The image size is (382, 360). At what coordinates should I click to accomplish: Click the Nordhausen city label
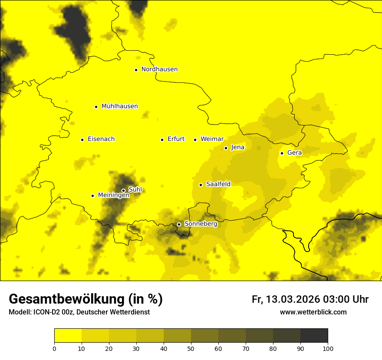159,69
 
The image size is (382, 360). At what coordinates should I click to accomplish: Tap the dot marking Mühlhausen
96,107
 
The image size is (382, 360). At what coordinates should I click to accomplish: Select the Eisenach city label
101,139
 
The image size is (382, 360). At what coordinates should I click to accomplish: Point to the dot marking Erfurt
162,140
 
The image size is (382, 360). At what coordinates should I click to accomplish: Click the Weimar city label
212,139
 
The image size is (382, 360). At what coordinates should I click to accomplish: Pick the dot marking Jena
226,148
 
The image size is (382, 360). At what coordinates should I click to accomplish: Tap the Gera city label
294,153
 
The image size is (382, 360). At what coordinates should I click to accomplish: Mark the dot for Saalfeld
201,185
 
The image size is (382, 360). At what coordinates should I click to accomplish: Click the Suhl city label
135,190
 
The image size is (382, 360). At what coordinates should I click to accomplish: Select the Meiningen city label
113,195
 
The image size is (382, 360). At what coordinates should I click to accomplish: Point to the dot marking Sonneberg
179,224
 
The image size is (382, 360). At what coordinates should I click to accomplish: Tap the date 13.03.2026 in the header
293,299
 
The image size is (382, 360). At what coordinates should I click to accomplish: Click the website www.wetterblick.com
313,312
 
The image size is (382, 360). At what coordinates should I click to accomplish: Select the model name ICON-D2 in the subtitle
46,312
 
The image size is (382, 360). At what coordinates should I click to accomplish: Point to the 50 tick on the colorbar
191,348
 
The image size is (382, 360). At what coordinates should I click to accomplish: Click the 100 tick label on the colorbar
328,348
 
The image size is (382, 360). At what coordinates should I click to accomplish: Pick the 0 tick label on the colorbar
54,348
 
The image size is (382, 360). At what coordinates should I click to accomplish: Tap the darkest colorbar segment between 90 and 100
314,336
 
